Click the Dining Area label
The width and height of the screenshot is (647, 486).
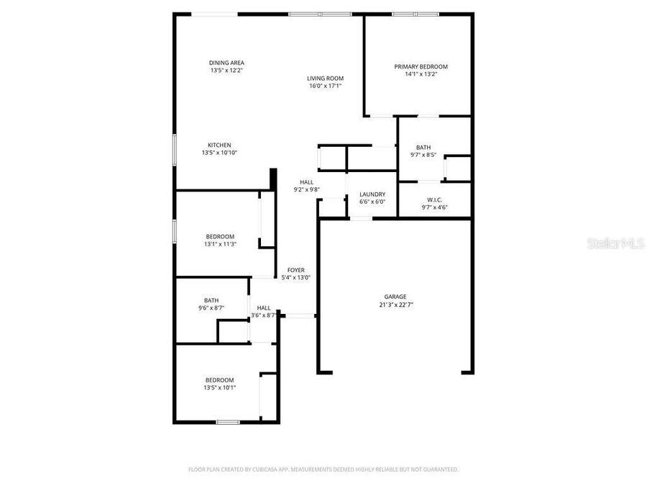point(226,63)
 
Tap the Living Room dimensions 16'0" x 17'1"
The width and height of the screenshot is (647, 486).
point(325,86)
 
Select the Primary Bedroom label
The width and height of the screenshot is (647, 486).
point(421,66)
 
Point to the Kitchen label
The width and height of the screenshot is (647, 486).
point(219,145)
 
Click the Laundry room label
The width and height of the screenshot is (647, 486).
point(372,194)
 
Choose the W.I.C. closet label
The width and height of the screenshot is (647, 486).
point(433,200)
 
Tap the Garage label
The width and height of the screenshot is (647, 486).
point(395,297)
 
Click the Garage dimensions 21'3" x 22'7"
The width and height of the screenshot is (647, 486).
point(395,305)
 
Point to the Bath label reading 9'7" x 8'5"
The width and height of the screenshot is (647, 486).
point(423,147)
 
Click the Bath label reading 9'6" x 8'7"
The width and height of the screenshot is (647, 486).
point(211,300)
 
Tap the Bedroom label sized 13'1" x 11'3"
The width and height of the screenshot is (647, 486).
point(220,237)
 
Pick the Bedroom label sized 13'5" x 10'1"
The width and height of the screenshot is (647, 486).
point(219,380)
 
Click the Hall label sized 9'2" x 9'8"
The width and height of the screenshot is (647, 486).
point(307,182)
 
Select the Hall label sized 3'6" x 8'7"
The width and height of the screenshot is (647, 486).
point(264,307)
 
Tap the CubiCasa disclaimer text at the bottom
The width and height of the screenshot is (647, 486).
point(323,469)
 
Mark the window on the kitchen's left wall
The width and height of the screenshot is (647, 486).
point(174,152)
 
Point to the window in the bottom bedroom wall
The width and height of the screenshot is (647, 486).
point(228,422)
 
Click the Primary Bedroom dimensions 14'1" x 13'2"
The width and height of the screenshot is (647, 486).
point(421,74)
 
